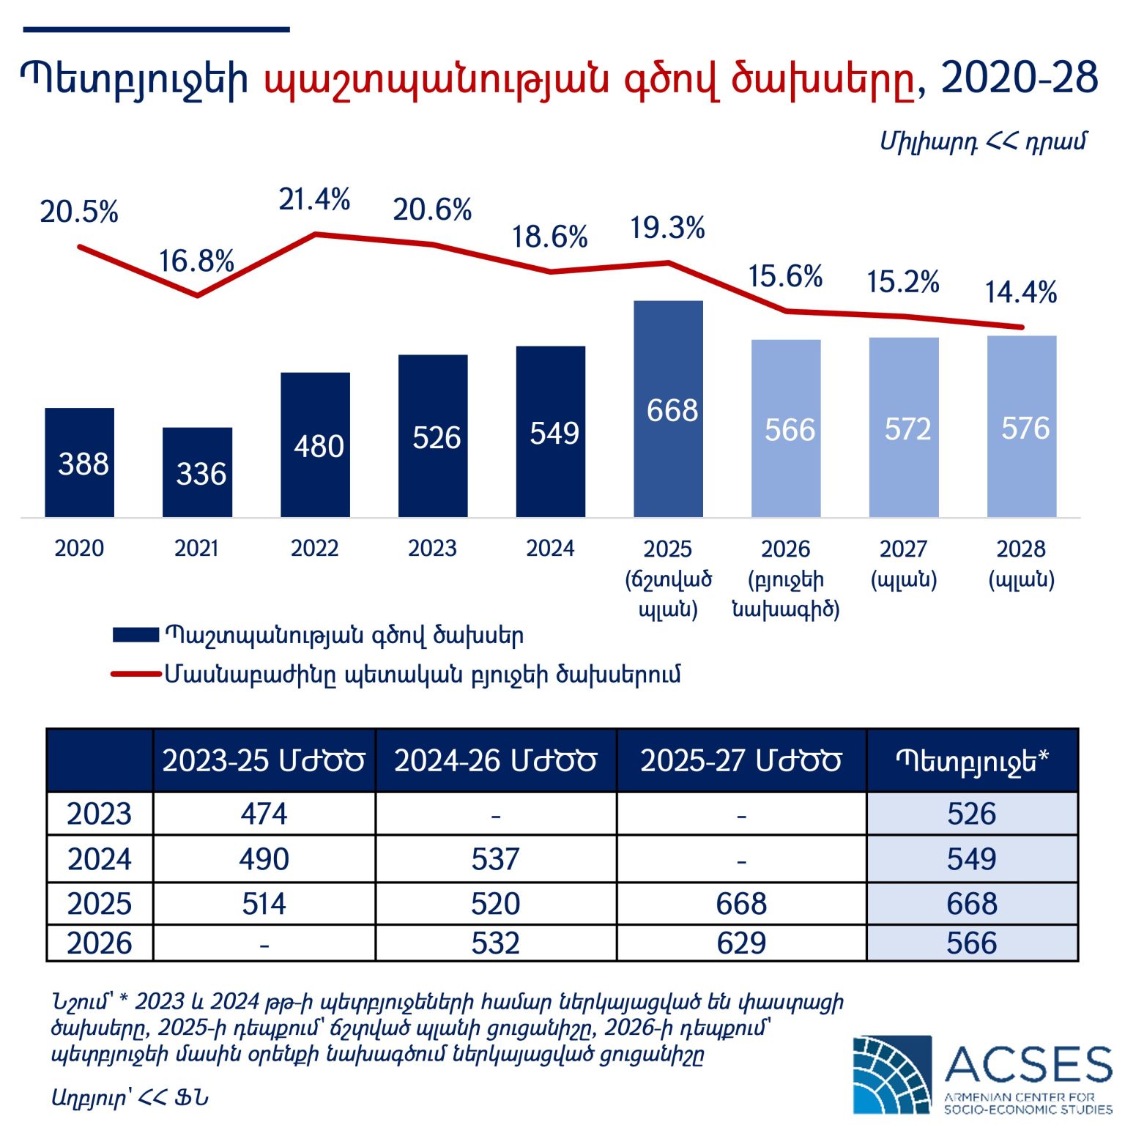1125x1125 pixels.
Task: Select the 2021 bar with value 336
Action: [197, 473]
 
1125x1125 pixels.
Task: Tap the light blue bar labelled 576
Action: [1022, 427]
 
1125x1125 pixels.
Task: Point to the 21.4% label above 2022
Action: [314, 199]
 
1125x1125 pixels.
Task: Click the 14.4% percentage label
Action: [1020, 292]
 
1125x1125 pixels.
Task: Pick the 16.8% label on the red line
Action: [196, 261]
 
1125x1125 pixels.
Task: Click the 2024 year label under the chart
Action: [550, 549]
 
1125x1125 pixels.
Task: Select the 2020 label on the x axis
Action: [79, 549]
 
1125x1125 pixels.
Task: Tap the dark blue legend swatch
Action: [135, 635]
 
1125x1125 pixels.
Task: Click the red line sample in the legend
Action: [135, 674]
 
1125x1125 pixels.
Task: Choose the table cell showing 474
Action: [264, 814]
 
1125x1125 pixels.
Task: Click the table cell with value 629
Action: [741, 943]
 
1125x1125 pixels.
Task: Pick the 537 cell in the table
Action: [495, 858]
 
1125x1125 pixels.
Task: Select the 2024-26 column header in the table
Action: [495, 761]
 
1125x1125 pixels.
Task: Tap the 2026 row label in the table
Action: [100, 943]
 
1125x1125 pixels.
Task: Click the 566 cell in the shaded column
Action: [971, 943]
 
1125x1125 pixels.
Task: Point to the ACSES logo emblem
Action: [892, 1075]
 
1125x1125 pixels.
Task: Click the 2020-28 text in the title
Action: [1019, 78]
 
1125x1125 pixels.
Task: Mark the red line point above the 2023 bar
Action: [433, 245]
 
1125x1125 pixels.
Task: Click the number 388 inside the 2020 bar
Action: [83, 464]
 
